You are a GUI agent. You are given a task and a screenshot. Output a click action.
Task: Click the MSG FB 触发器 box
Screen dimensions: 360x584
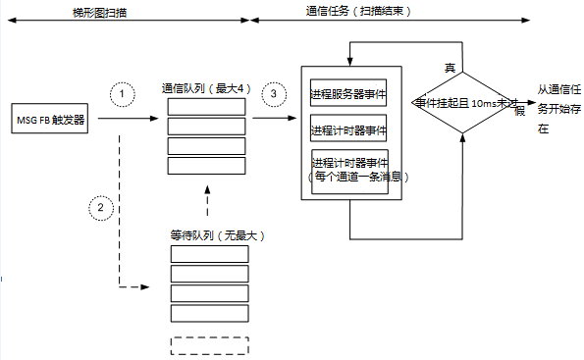tap(50, 121)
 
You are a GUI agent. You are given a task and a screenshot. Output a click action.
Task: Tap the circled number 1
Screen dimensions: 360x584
tap(121, 93)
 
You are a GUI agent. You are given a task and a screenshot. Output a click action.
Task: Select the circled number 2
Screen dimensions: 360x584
tap(100, 208)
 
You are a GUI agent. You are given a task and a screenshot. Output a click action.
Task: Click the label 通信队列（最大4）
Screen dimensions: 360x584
tap(207, 88)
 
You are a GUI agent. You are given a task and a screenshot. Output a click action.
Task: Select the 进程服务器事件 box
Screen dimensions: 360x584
tap(348, 95)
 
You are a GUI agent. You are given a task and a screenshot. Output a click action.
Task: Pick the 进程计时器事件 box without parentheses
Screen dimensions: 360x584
tap(348, 129)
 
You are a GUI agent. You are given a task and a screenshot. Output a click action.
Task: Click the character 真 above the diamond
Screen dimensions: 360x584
tap(451, 67)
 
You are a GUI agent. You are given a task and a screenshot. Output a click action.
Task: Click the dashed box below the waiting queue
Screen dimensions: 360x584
tap(209, 345)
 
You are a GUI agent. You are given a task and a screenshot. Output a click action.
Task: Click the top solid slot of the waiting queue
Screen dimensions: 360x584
tap(209, 254)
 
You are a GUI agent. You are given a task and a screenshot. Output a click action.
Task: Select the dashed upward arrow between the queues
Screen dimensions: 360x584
tap(208, 201)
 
